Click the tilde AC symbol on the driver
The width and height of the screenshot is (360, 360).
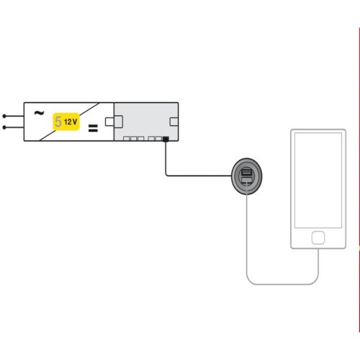point(38,112)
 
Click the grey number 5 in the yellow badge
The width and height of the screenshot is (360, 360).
point(57,123)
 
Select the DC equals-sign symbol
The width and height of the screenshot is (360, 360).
point(92,130)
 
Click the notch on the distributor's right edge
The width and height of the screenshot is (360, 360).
point(174,121)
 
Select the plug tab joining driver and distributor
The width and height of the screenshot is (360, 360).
point(109,121)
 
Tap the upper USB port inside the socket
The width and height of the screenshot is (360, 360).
point(246,172)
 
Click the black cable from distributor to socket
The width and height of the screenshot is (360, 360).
point(194,174)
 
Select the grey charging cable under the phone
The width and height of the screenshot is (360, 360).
point(281,284)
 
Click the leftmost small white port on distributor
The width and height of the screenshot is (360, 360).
point(126,138)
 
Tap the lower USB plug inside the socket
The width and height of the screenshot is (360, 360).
point(246,184)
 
